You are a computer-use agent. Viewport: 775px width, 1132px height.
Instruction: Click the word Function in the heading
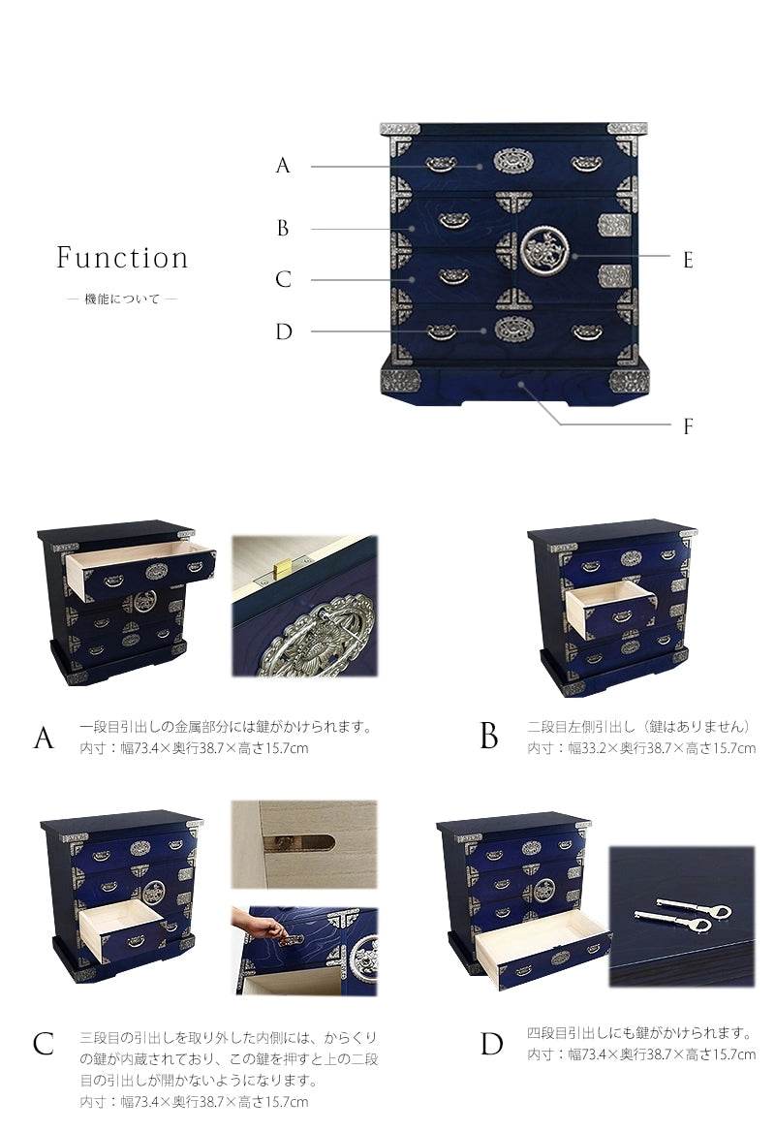point(122,258)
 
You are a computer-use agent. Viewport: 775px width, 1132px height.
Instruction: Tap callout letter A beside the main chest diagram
point(283,166)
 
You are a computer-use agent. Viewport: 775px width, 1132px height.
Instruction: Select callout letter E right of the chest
point(688,260)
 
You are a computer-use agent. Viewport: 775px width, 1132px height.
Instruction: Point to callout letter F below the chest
point(688,425)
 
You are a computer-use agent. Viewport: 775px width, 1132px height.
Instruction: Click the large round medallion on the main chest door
point(544,250)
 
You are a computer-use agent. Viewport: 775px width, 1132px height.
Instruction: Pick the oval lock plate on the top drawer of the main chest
point(513,161)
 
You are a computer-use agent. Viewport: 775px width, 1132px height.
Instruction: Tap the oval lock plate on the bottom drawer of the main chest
point(513,330)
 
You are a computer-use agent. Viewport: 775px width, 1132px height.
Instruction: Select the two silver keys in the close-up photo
point(683,915)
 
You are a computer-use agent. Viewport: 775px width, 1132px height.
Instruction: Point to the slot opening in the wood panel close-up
point(298,842)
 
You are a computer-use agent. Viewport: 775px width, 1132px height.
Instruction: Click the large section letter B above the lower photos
point(488,737)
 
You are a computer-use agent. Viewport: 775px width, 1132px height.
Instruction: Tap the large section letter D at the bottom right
point(491,1043)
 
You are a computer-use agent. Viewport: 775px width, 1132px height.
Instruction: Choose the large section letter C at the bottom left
point(44,1043)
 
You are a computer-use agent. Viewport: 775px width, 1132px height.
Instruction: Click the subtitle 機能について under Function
point(122,299)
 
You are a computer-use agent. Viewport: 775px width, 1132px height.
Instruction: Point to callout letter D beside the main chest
point(284,331)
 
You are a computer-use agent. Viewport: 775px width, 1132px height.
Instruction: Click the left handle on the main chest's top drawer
point(441,165)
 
